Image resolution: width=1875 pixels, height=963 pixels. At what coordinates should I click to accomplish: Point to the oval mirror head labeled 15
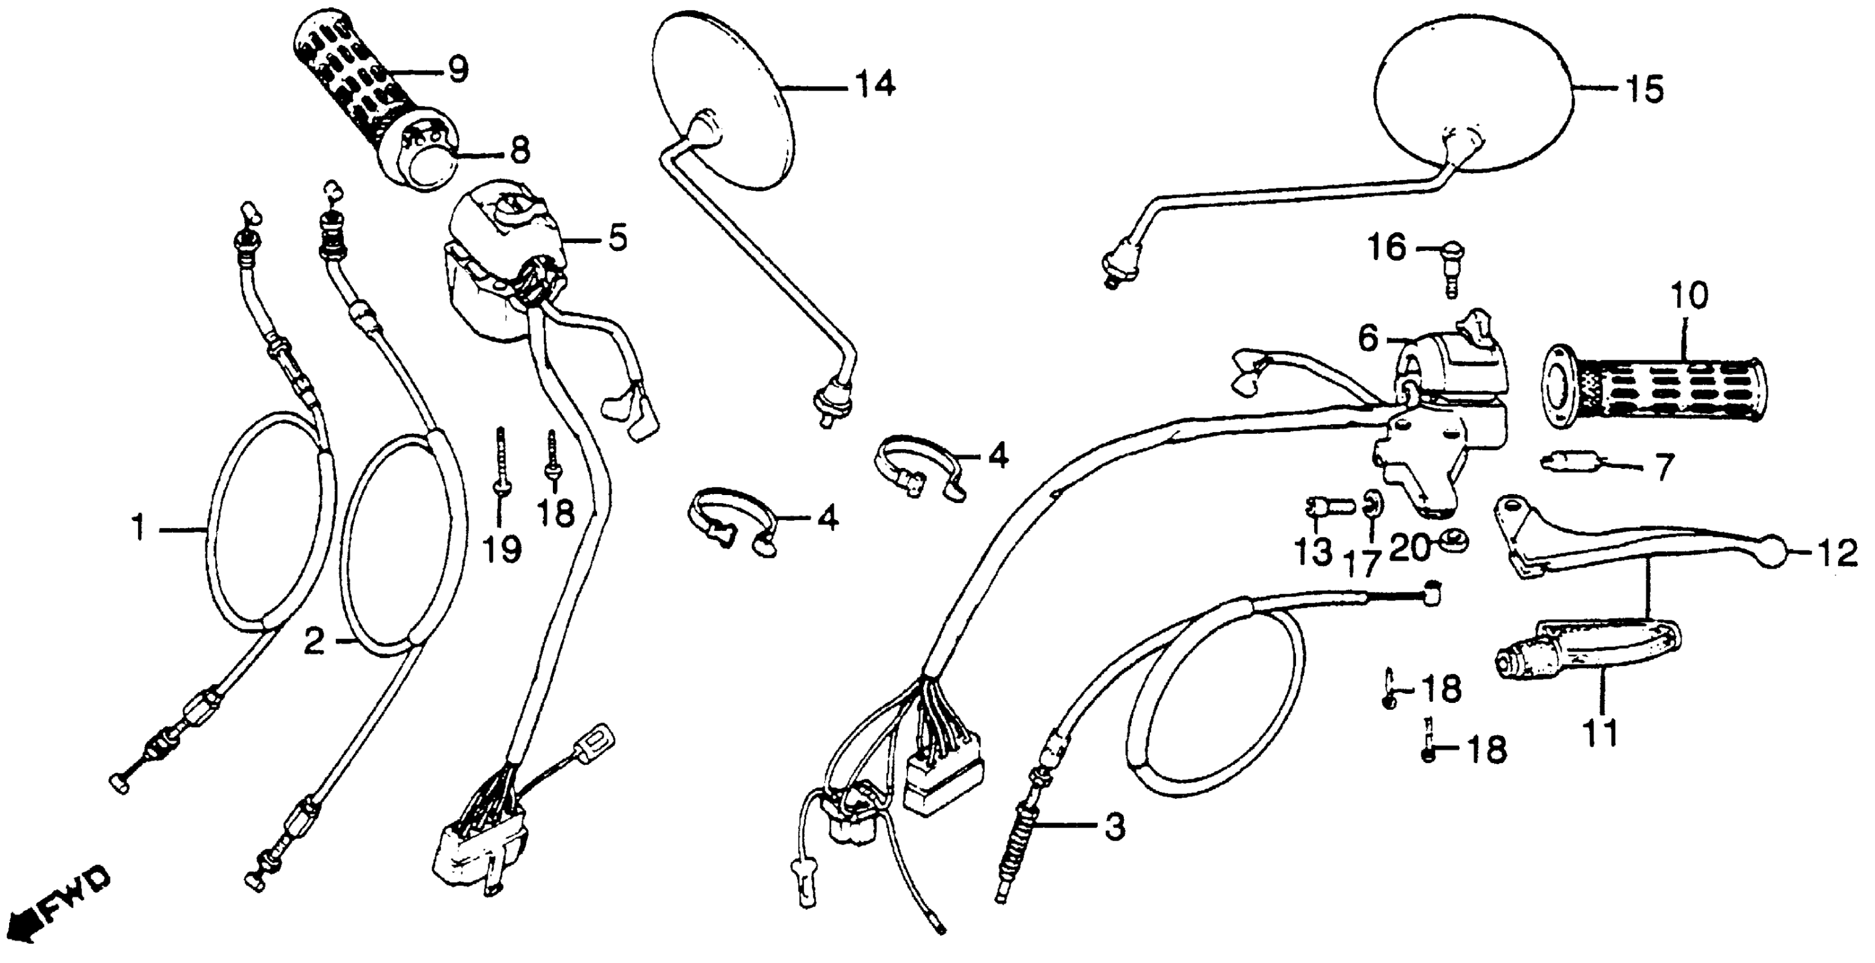(1471, 102)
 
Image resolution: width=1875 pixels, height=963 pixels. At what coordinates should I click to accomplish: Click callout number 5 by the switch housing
(617, 238)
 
